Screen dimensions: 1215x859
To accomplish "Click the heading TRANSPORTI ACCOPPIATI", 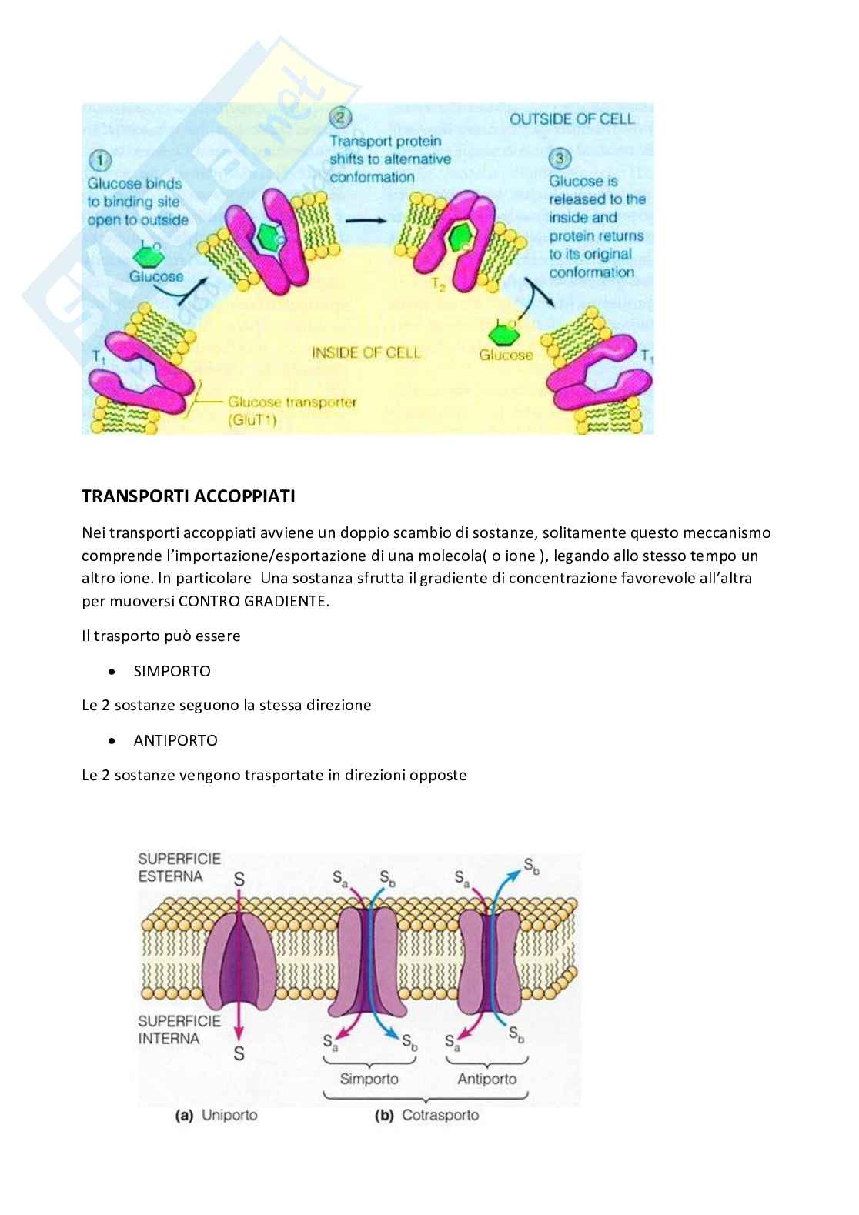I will point(188,496).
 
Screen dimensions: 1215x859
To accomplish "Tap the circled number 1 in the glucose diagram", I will point(99,161).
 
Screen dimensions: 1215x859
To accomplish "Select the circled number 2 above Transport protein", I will point(340,118).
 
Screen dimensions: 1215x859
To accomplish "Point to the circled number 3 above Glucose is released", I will point(559,159).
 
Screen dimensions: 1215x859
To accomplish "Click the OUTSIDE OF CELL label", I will point(572,118).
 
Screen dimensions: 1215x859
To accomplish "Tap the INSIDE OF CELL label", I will point(366,352).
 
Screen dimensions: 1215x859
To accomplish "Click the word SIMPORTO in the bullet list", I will point(172,671).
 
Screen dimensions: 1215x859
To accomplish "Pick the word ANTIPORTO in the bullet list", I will point(175,740).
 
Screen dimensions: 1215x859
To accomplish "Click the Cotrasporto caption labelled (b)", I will point(440,1115).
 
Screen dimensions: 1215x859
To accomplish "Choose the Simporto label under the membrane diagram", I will point(369,1079).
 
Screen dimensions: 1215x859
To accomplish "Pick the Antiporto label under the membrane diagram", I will point(486,1079).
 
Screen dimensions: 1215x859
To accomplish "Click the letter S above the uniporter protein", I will point(239,879).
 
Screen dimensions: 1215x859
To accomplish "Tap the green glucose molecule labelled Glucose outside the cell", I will point(149,253).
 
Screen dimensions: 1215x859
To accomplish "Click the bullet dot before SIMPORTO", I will point(113,672).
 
